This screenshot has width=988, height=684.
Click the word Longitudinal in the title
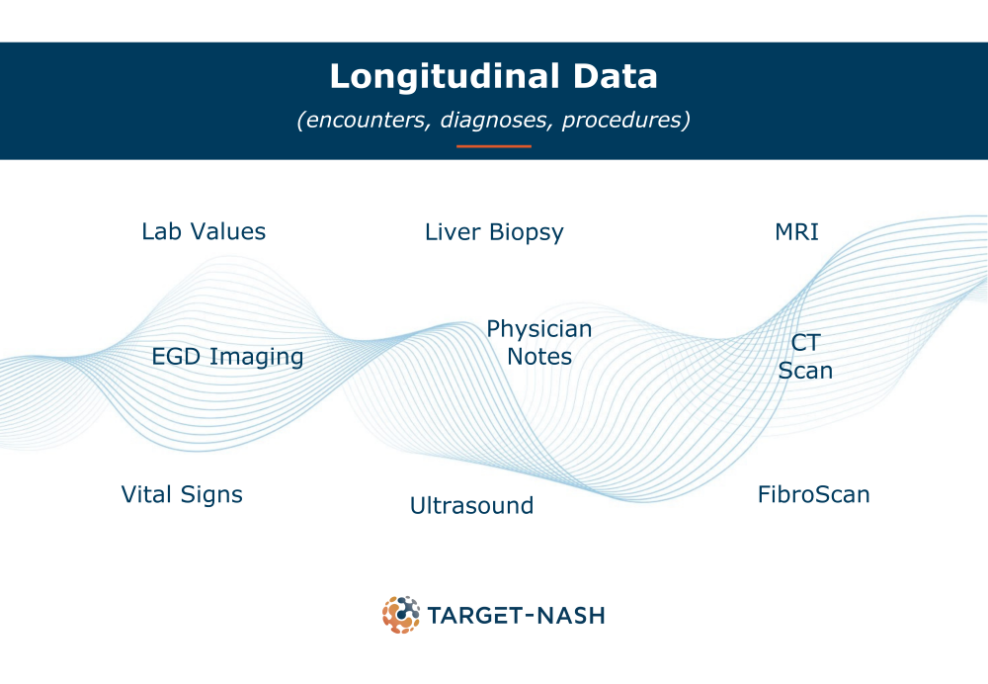445,76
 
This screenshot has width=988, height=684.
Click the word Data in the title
616,76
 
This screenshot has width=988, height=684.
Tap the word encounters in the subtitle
365,120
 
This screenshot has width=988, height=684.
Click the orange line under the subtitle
494,146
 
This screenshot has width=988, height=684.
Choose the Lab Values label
204,231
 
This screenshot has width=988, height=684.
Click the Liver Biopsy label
494,232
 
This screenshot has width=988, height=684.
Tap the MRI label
796,232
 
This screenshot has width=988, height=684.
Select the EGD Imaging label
227,357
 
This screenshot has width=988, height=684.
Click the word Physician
538,329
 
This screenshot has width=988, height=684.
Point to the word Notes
539,357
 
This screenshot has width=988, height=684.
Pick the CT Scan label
805,357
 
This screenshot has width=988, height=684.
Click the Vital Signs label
182,495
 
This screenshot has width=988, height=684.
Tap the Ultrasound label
471,506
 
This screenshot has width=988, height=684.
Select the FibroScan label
813,495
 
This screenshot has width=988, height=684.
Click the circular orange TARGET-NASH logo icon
401,615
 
